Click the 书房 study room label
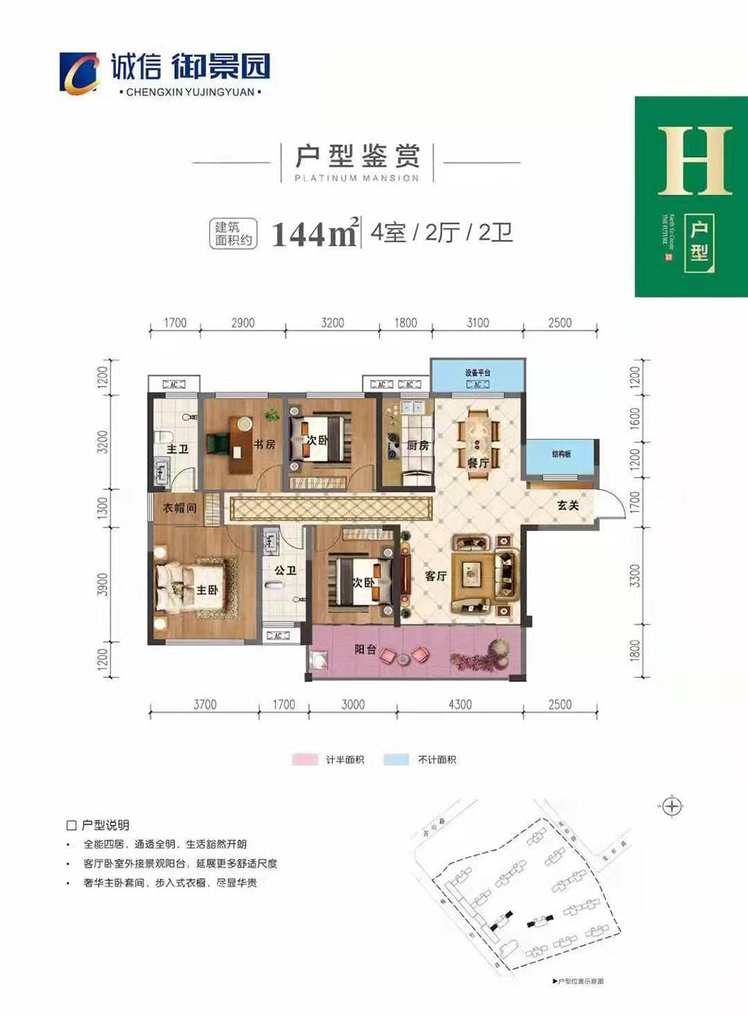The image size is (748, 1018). (x=264, y=444)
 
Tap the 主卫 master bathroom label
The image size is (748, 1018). (x=177, y=449)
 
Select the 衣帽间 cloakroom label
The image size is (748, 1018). (x=180, y=508)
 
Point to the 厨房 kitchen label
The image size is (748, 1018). (x=418, y=446)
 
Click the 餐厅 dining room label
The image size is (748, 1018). (x=478, y=463)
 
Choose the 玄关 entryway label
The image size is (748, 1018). (x=568, y=506)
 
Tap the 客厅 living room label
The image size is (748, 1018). (x=435, y=576)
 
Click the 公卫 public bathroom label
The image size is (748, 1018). (x=285, y=570)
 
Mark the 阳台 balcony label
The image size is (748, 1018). (x=365, y=649)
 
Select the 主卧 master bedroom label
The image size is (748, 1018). (x=207, y=590)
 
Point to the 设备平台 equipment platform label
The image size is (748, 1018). (x=477, y=372)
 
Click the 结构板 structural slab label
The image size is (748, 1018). (x=561, y=454)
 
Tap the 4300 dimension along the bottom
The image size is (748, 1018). (x=460, y=705)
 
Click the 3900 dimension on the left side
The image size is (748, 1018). (x=103, y=584)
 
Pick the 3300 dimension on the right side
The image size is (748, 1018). (x=635, y=576)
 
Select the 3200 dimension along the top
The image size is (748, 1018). (x=332, y=323)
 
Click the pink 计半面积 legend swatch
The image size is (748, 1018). (x=305, y=760)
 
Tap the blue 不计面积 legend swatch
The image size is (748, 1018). (x=396, y=760)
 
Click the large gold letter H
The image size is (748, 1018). (x=694, y=161)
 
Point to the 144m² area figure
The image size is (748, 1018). (x=314, y=234)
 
